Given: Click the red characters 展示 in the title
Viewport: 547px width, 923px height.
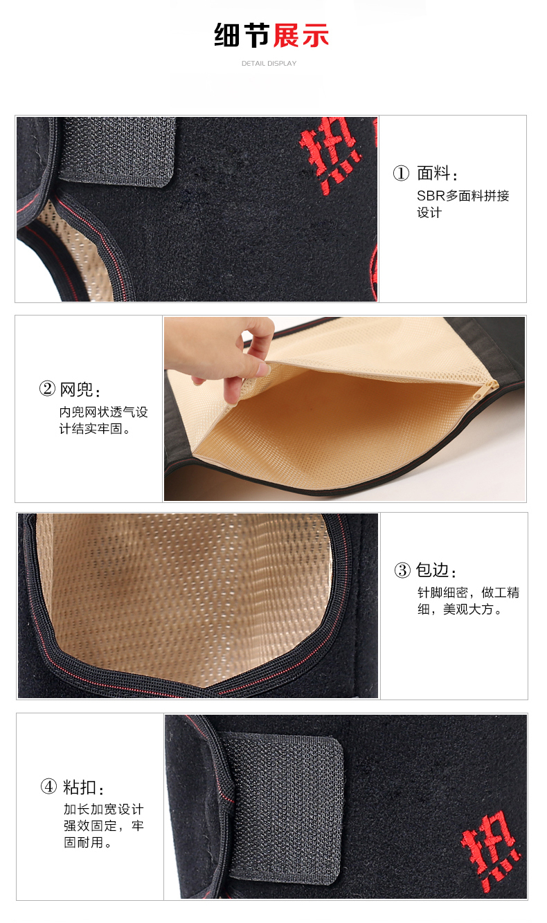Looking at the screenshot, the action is [x=301, y=35].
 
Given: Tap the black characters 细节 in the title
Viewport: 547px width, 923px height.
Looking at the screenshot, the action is [x=242, y=35].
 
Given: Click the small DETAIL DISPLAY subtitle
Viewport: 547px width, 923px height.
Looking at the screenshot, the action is [x=269, y=64].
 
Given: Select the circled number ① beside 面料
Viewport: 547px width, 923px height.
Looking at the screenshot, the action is [x=401, y=174].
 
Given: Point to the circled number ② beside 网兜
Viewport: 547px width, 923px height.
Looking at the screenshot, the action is [x=47, y=389].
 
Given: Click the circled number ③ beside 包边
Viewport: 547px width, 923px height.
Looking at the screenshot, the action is [x=402, y=571].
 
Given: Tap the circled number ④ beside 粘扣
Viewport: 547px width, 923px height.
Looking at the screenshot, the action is [x=48, y=787].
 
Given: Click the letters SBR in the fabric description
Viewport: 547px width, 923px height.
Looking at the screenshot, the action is [x=431, y=196].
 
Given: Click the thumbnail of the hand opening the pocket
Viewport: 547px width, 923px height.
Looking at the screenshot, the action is [x=345, y=409].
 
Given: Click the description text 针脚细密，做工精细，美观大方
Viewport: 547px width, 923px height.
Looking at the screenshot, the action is [x=468, y=601].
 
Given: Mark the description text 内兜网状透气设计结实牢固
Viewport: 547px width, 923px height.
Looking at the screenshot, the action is [x=103, y=420].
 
